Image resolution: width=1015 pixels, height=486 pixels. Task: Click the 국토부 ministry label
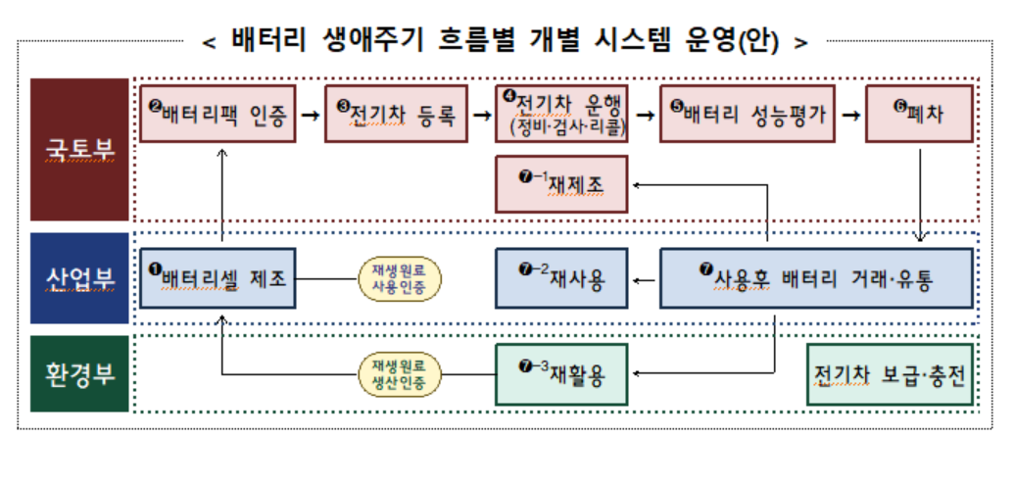(x=79, y=149)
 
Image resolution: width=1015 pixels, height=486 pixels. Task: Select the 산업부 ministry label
(x=79, y=278)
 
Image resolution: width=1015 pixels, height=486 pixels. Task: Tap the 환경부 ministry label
(x=79, y=373)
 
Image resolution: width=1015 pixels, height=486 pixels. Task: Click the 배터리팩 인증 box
(x=217, y=114)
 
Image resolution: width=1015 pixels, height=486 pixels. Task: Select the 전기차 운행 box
(x=561, y=114)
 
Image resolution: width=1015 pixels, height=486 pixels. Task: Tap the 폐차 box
(x=918, y=114)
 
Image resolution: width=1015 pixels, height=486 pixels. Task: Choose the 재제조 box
(x=561, y=183)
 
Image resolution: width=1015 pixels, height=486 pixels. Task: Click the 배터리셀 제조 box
(x=217, y=278)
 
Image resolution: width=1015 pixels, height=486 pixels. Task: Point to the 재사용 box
(x=561, y=278)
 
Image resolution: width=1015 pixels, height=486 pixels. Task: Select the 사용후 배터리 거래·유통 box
(x=816, y=278)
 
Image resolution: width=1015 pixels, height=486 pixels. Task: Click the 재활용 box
(x=561, y=373)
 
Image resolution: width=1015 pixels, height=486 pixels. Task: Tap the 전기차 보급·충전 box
(x=890, y=373)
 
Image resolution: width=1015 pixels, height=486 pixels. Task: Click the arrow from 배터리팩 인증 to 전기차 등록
(x=310, y=115)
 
